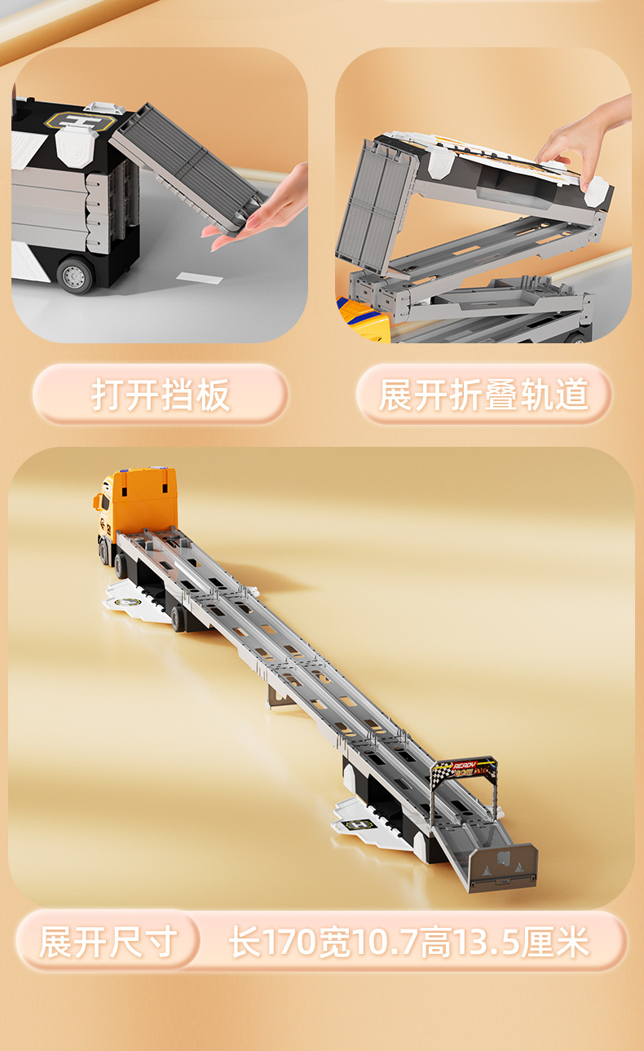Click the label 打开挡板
click(161, 395)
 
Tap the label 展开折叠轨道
click(483, 395)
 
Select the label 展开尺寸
click(108, 942)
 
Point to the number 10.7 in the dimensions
click(386, 943)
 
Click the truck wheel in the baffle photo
click(76, 275)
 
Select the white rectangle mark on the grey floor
click(200, 278)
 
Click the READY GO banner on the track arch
click(464, 769)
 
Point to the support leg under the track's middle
click(280, 696)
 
